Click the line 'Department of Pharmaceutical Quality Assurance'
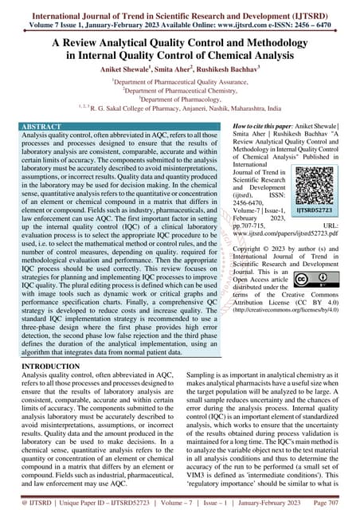point(180,81)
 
